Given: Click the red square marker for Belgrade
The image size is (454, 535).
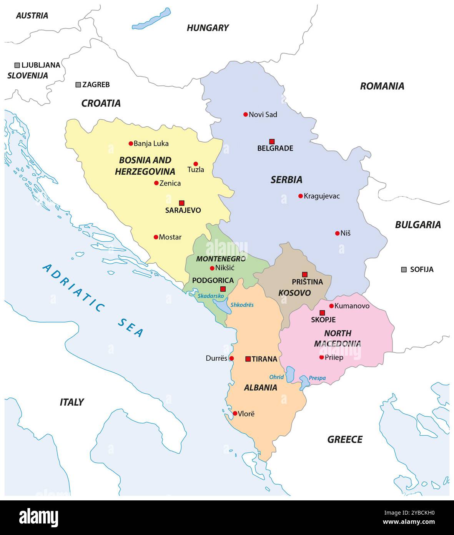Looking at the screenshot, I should (x=272, y=141).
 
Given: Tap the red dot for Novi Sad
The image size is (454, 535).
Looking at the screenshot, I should (x=245, y=114).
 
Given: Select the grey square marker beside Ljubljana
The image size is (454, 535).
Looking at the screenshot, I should (x=17, y=65).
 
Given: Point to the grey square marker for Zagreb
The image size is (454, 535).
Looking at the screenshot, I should (x=78, y=85).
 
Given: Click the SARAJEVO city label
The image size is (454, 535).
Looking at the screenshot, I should (x=183, y=211).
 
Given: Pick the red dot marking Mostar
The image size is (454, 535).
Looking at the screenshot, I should (x=156, y=237).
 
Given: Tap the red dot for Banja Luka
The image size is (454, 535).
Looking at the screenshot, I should (x=131, y=144).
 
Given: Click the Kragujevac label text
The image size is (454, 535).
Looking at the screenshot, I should (x=322, y=196).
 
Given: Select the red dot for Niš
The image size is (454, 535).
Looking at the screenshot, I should (x=337, y=233).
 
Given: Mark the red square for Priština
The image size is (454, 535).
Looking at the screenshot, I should (x=305, y=274).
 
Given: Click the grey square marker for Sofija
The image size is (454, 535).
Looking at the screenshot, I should (x=404, y=269).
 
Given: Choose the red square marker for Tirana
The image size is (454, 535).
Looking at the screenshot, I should (x=248, y=359).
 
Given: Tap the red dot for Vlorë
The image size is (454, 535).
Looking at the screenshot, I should (x=235, y=413).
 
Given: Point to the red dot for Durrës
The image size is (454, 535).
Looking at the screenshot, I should (x=231, y=358).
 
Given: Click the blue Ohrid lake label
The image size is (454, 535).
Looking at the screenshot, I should (x=276, y=377).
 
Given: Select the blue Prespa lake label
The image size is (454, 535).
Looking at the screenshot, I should (x=317, y=378).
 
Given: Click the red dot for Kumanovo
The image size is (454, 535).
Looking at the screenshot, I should (x=331, y=306).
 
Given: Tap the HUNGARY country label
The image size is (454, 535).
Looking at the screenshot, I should (x=208, y=28).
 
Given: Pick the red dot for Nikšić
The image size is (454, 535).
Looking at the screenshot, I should (x=212, y=268).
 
